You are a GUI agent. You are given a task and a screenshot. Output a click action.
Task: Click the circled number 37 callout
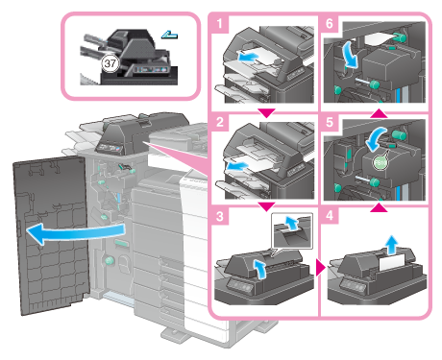[110, 63]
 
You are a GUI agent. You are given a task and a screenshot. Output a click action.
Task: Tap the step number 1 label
[219, 24]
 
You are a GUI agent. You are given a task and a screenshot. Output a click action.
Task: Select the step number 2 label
[220, 122]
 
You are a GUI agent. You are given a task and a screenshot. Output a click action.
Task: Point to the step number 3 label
[220, 216]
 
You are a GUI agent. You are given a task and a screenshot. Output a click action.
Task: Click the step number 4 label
[330, 216]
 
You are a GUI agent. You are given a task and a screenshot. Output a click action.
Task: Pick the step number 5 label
[330, 122]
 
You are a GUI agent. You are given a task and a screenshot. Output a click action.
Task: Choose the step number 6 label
[330, 24]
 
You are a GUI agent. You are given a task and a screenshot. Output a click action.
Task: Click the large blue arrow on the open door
[75, 233]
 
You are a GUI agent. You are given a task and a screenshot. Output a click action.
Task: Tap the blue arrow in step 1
[248, 58]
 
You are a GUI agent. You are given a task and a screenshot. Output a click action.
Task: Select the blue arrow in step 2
[237, 166]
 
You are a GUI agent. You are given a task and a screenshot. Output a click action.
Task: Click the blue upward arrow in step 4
[391, 245]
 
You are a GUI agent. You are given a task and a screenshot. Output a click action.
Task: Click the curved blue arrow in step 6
[352, 56]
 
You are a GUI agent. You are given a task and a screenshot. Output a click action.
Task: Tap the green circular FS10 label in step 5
[381, 163]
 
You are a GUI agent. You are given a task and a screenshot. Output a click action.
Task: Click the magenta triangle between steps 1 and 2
[266, 113]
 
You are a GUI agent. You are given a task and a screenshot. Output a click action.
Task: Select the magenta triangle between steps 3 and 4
[320, 267]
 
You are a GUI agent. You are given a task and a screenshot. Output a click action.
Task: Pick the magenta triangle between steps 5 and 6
[379, 113]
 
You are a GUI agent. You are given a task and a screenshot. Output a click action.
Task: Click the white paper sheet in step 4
[392, 264]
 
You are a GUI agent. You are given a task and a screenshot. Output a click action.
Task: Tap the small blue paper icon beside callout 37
[169, 35]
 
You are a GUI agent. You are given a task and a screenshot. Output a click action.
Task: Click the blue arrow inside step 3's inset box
[291, 223]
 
